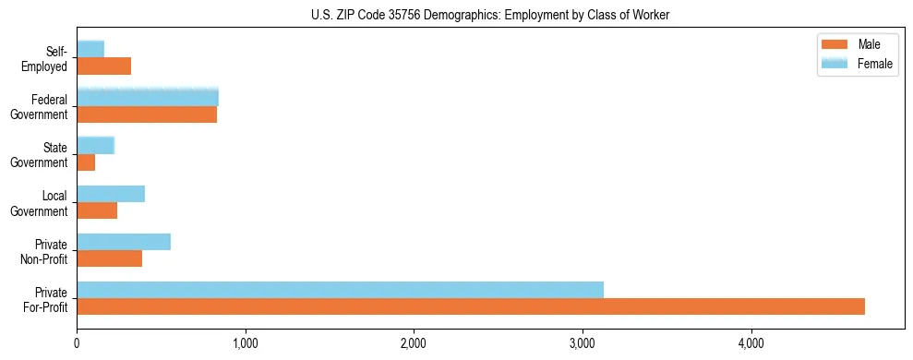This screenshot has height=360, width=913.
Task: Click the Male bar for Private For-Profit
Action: pos(471,306)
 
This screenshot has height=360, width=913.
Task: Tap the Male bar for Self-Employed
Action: pos(103,66)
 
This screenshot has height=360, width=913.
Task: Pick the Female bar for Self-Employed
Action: pos(90,49)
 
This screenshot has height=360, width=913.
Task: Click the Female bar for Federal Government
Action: pos(148,97)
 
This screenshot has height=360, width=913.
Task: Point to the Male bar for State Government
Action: pos(86,162)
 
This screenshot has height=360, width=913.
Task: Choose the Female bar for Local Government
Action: pos(111,193)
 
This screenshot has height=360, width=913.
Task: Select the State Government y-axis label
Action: pos(40,154)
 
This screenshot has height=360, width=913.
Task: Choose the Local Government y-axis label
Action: pos(40,202)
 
